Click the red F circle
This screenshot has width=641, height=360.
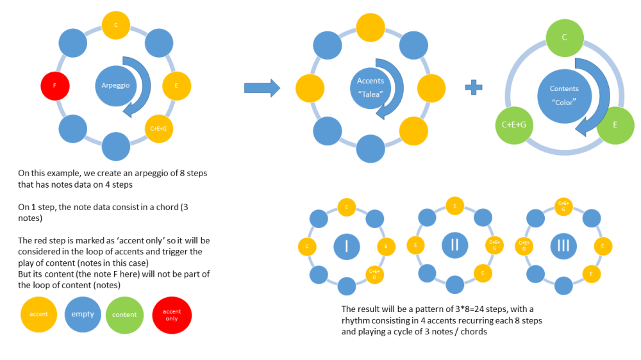coord(54,85)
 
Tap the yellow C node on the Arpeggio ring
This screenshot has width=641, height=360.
coord(116,26)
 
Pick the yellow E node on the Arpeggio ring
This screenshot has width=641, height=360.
coord(176,86)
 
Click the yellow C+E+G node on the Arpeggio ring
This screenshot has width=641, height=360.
coord(160,128)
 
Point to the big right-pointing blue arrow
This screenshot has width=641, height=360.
coord(263,88)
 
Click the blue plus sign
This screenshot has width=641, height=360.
coord(474,88)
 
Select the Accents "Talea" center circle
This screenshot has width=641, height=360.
coord(370,86)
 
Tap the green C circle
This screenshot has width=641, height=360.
coord(564,37)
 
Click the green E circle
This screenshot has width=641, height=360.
coord(615,124)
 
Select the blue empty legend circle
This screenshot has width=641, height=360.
coord(83,314)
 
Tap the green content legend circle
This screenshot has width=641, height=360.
coord(124,314)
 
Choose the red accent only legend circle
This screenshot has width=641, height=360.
coord(172,314)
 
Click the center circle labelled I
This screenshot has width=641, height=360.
coord(346,246)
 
